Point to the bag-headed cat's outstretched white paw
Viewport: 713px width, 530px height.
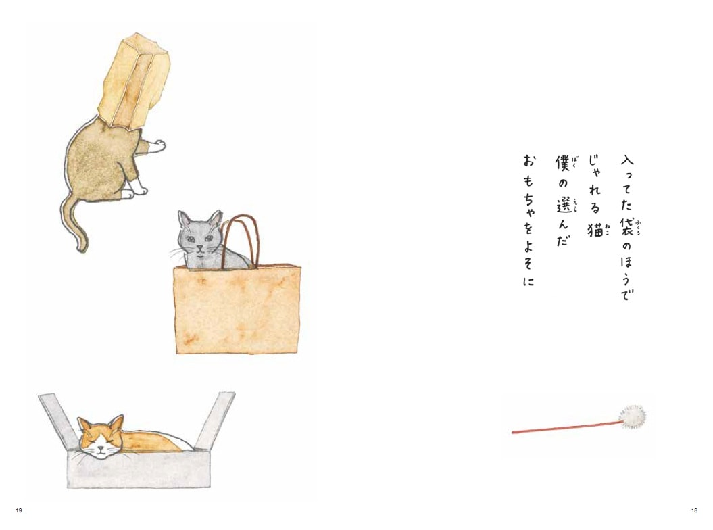pyautogui.click(x=157, y=144)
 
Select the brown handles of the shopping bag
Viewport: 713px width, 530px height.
pyautogui.click(x=238, y=237)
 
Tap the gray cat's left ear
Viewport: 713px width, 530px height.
pyautogui.click(x=184, y=218)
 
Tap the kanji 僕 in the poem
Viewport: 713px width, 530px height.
pyautogui.click(x=562, y=165)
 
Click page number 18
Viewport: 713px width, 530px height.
pyautogui.click(x=694, y=510)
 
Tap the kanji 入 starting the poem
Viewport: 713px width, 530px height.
pyautogui.click(x=627, y=162)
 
